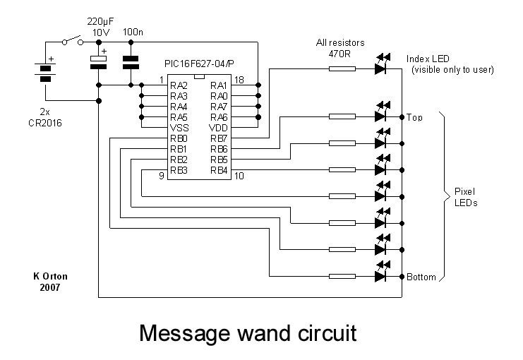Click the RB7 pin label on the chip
coord(218,138)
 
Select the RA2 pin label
coord(178,85)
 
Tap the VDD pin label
coord(218,128)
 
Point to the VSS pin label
coord(179,128)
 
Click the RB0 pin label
coord(178,138)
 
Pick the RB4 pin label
coord(218,170)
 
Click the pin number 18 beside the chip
coord(239,80)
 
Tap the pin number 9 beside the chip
coord(162,176)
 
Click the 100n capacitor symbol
coord(131,61)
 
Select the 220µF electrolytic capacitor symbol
coord(99,61)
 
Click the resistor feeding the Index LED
coord(343,68)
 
